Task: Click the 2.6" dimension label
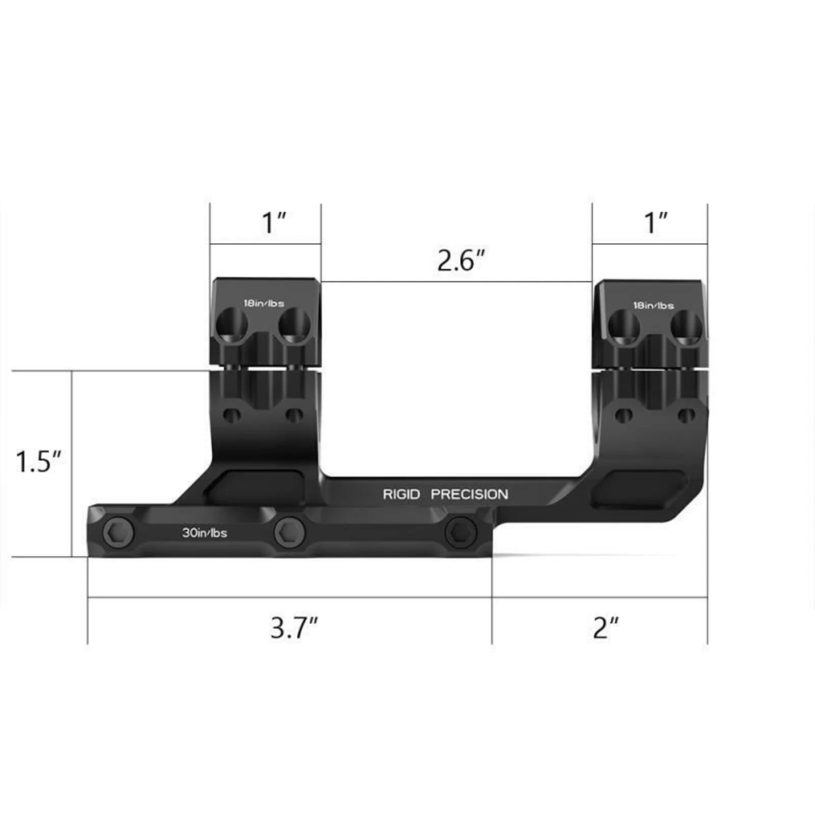461,261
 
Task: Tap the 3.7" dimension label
294,628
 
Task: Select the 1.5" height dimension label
38,462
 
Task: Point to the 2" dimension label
606,628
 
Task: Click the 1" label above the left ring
275,223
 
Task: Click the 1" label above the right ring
656,223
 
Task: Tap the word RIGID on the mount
401,495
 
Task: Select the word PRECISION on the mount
469,495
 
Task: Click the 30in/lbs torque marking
204,533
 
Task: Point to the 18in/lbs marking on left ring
263,303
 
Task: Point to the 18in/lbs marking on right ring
653,306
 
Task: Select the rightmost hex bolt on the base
460,531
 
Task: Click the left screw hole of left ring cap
234,325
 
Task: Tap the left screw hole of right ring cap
624,327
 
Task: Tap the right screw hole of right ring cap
686,327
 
